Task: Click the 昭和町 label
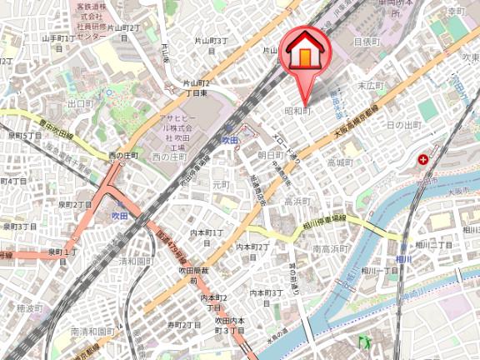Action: [x=297, y=110]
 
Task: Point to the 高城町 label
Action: [x=341, y=162]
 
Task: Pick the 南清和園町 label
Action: [x=94, y=332]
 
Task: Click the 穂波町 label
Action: [x=29, y=308]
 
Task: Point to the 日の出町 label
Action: [x=406, y=124]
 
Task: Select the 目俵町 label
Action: [x=366, y=40]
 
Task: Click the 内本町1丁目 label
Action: [x=207, y=237]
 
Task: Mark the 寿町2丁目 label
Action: [x=184, y=324]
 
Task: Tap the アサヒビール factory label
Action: [x=177, y=133]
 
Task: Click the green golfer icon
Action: [x=364, y=341]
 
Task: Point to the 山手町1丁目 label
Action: [x=59, y=42]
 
